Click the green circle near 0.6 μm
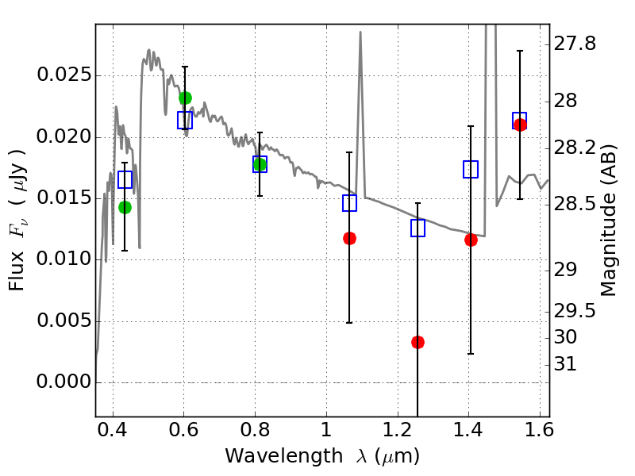pos(185,98)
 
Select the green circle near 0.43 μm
pos(125,208)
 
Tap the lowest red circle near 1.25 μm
pos(418,343)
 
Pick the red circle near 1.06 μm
pos(349,239)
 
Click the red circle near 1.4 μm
pos(471,240)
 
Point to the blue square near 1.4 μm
pos(471,169)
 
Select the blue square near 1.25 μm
pos(418,228)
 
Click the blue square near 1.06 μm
pos(349,203)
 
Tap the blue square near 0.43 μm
pos(125,180)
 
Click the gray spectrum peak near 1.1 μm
pos(360,32)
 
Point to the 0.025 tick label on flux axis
pos(64,75)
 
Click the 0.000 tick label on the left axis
pos(64,382)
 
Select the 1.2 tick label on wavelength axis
pos(398,429)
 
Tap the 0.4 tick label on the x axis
pos(113,429)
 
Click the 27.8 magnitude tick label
pos(575,44)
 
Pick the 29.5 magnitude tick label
pos(575,311)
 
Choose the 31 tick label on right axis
pos(565,364)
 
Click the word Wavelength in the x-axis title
pos(284,456)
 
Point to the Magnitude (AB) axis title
pos(608,221)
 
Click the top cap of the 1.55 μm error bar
pos(520,51)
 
